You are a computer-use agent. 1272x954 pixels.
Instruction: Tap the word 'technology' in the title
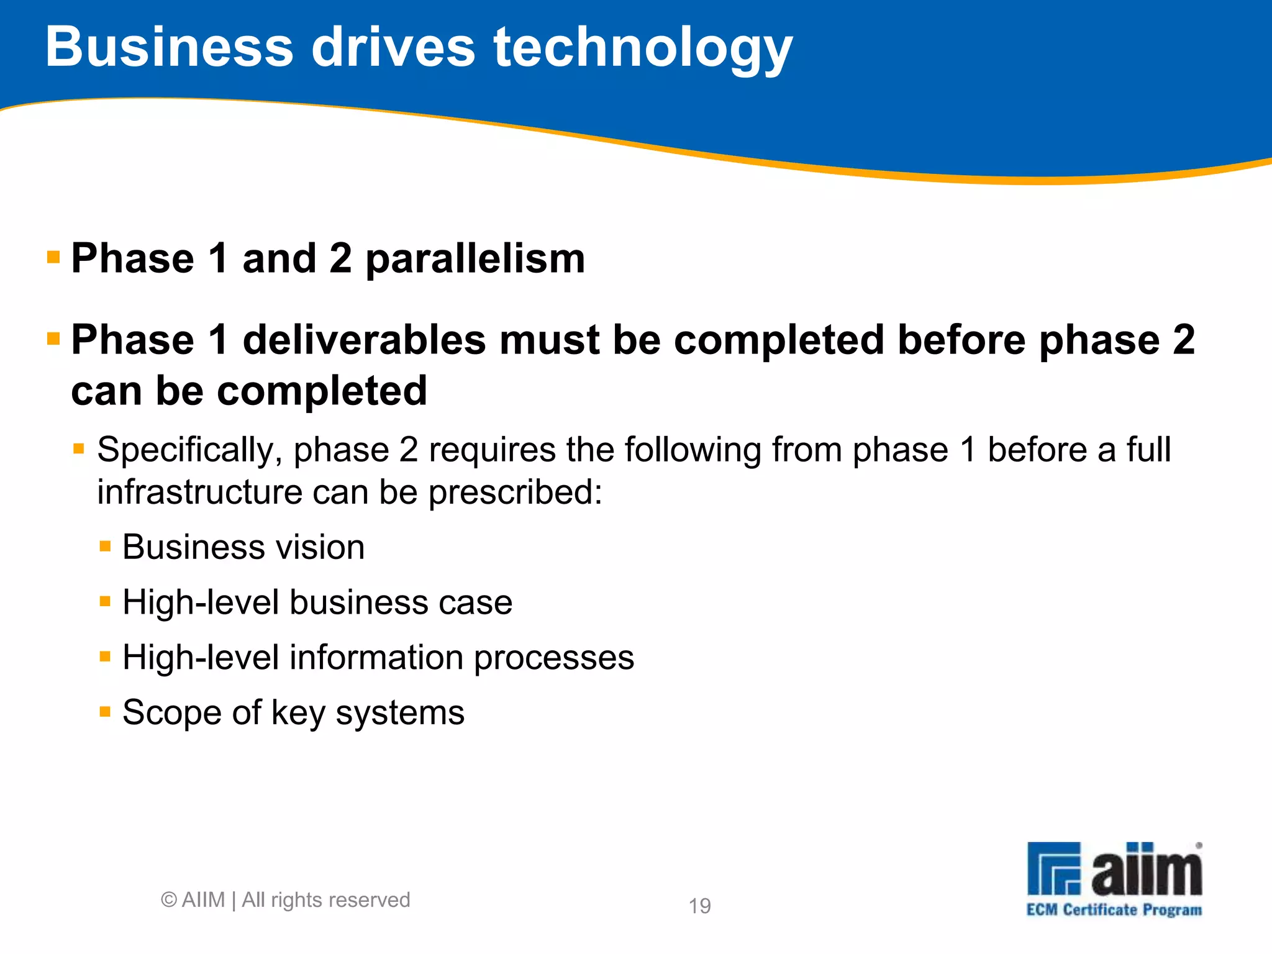coord(643,50)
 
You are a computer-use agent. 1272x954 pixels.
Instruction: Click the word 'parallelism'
coord(475,260)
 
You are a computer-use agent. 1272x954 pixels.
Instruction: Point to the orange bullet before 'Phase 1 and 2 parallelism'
coord(53,257)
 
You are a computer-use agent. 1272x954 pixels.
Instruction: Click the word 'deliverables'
coord(364,340)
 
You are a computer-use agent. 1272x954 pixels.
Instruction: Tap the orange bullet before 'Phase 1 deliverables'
coord(53,338)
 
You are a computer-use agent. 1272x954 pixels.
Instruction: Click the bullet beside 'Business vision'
coord(105,547)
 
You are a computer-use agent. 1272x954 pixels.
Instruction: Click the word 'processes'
coord(554,658)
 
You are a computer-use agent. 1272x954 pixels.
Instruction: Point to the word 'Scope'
coord(171,713)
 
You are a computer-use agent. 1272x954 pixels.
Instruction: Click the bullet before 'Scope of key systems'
coord(105,711)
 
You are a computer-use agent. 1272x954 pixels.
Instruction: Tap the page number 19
coord(700,906)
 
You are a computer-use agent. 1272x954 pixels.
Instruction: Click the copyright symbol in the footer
coord(168,900)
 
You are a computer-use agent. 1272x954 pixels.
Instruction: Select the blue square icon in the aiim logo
coord(1053,868)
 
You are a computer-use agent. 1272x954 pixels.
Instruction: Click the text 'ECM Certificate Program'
coord(1114,910)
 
